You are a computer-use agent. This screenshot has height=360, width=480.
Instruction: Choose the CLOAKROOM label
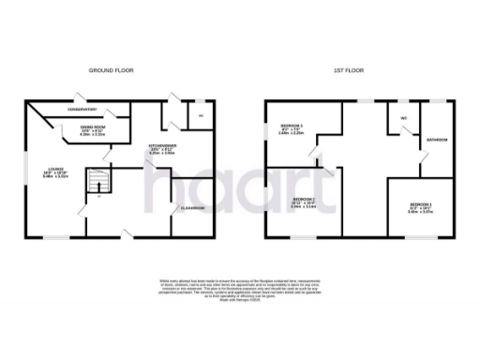click(192, 207)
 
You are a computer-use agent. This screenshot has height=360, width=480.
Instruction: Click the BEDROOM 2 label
click(303, 202)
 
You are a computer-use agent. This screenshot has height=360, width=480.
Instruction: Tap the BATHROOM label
click(438, 140)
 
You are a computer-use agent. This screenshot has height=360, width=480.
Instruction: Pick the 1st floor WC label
click(404, 118)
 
